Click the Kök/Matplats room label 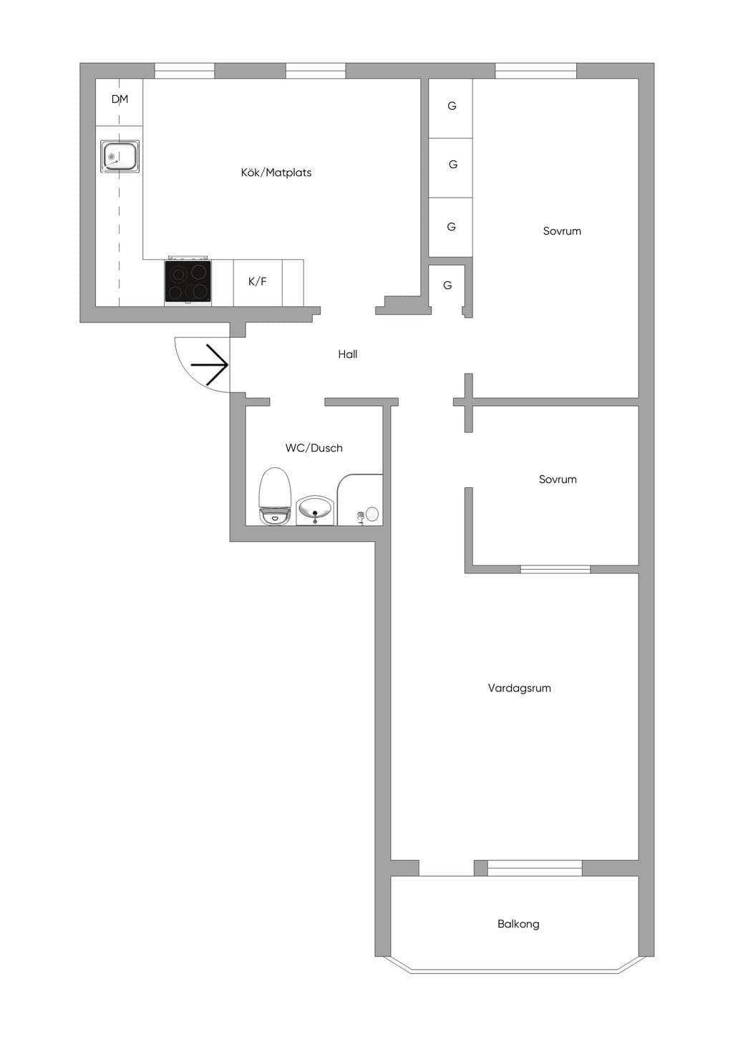(x=276, y=172)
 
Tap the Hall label (x=347, y=354)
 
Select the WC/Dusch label (x=314, y=448)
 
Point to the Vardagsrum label (x=519, y=688)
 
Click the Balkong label (x=518, y=924)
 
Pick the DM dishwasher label (x=120, y=99)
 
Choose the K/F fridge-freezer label (x=258, y=281)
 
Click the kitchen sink (x=120, y=157)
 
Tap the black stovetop (x=188, y=281)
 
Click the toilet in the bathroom (x=275, y=496)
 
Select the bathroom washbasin (x=315, y=510)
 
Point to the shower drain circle (x=372, y=514)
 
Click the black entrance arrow (x=209, y=365)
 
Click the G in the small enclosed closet (x=447, y=285)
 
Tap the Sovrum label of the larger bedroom (x=562, y=231)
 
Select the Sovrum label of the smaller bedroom (x=558, y=479)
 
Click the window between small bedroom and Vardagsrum (x=555, y=570)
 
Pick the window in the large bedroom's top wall (x=535, y=71)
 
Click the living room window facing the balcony (x=535, y=868)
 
